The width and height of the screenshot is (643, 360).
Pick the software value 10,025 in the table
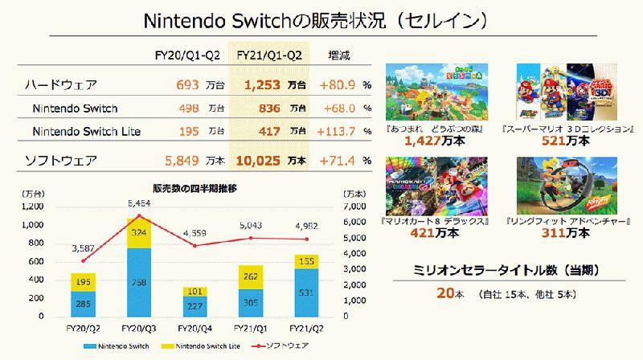pos(257,160)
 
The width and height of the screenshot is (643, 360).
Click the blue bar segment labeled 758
pos(140,283)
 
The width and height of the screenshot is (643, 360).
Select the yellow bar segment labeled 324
pos(140,232)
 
